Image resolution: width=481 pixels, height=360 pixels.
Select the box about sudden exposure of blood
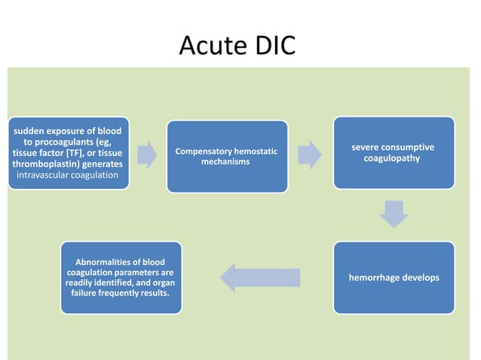pyautogui.click(x=68, y=153)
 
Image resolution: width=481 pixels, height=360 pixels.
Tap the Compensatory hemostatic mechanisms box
pyautogui.click(x=226, y=156)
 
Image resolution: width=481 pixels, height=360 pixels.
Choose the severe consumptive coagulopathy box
pyautogui.click(x=393, y=152)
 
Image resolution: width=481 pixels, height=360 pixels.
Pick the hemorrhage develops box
pyautogui.click(x=394, y=277)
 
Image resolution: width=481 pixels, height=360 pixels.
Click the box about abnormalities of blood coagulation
pyautogui.click(x=121, y=277)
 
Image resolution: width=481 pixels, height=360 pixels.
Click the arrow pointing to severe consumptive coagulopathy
pyautogui.click(x=309, y=154)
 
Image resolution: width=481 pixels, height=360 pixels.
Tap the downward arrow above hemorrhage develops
pyautogui.click(x=394, y=214)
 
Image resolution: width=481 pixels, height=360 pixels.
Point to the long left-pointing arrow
pyautogui.click(x=260, y=277)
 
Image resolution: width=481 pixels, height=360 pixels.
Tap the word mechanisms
pyautogui.click(x=225, y=162)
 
